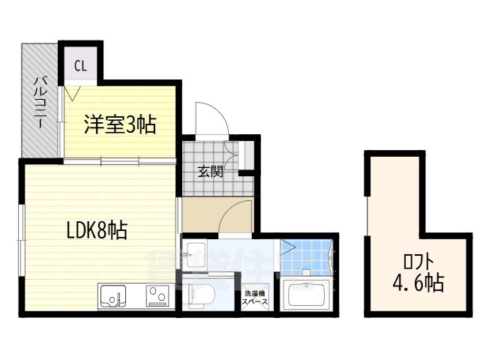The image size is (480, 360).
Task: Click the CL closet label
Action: tap(80, 66)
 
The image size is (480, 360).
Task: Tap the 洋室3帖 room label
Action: tap(120, 124)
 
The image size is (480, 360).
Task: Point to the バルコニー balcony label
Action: tap(40, 102)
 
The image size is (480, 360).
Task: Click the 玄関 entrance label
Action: tap(210, 170)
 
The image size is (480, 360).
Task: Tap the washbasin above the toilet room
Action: tap(196, 255)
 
